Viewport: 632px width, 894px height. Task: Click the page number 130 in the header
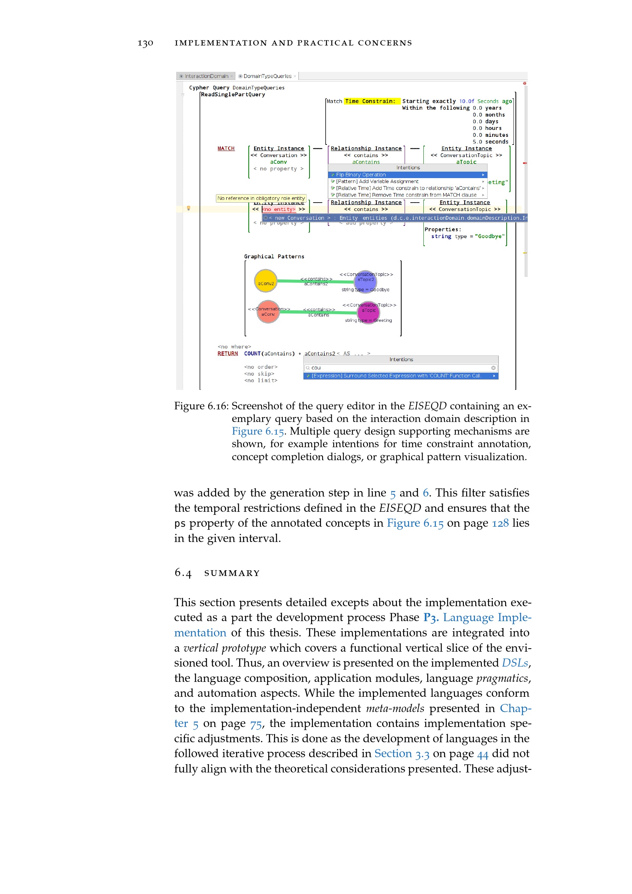146,43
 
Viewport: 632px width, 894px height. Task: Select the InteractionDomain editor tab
206,76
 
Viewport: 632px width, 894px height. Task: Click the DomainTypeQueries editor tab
267,76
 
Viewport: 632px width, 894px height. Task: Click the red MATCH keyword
226,148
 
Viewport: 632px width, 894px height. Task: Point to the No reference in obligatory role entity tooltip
261,198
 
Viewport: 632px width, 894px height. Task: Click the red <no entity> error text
279,209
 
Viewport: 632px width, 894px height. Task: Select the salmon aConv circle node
268,312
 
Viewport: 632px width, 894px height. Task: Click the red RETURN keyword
228,354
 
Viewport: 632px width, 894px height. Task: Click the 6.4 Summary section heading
217,573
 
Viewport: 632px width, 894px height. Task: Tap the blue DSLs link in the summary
515,663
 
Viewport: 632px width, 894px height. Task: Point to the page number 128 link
500,523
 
